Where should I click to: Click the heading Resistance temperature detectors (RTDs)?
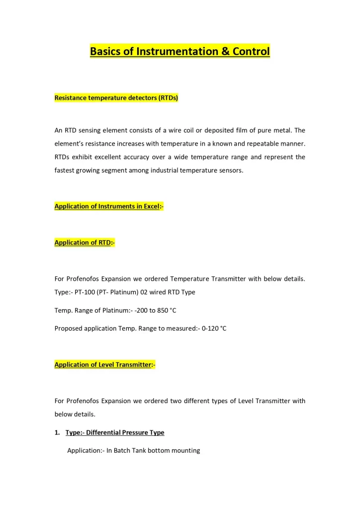coord(116,98)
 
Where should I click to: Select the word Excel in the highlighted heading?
coord(148,206)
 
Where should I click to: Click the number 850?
coord(163,311)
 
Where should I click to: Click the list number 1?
coord(57,433)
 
